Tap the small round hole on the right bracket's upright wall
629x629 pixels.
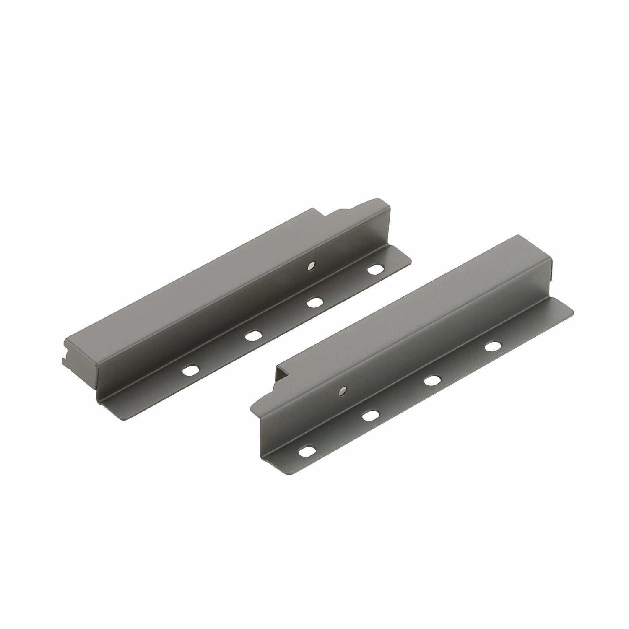pyautogui.click(x=343, y=390)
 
